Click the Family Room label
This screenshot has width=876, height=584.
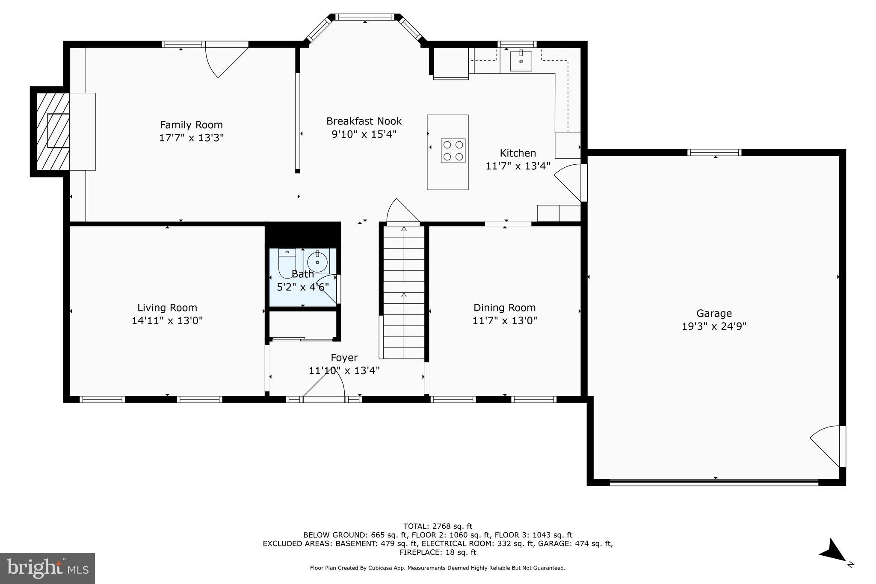click(191, 125)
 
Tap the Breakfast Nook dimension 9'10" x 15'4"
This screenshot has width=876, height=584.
click(364, 134)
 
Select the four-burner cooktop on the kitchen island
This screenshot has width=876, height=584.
click(453, 151)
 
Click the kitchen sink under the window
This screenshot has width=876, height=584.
click(521, 61)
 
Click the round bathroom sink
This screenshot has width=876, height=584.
click(317, 261)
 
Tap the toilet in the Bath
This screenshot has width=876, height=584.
click(287, 262)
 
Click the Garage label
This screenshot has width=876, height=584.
click(714, 314)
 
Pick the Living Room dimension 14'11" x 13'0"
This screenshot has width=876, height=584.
click(167, 320)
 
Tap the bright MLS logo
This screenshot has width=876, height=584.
click(47, 568)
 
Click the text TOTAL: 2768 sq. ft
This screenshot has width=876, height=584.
click(438, 526)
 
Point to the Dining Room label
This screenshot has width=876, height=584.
click(504, 308)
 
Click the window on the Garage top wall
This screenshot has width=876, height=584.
click(714, 152)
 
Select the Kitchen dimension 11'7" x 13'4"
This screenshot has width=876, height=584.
click(518, 166)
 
